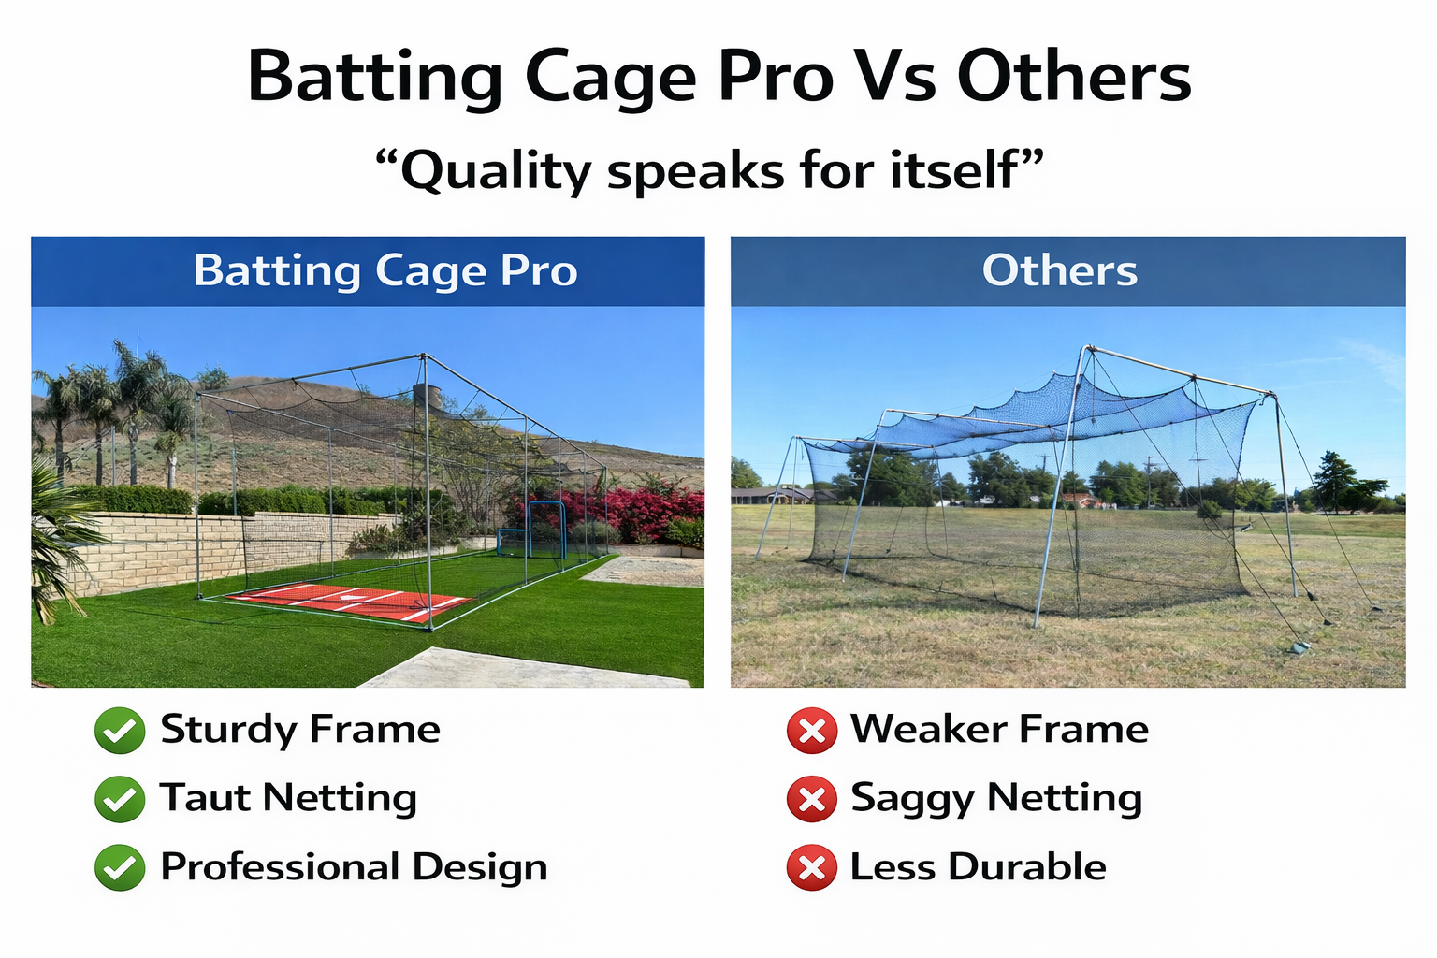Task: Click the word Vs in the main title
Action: (895, 77)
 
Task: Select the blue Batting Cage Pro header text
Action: (385, 270)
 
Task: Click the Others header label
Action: (1060, 270)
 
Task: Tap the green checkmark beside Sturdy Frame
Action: (120, 731)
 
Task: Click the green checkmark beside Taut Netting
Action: (120, 799)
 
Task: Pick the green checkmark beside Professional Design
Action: (120, 867)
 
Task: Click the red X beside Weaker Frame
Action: (812, 731)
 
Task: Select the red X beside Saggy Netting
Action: (812, 799)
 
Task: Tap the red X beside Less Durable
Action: (812, 867)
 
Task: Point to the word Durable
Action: (1027, 867)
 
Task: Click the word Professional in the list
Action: (281, 867)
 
